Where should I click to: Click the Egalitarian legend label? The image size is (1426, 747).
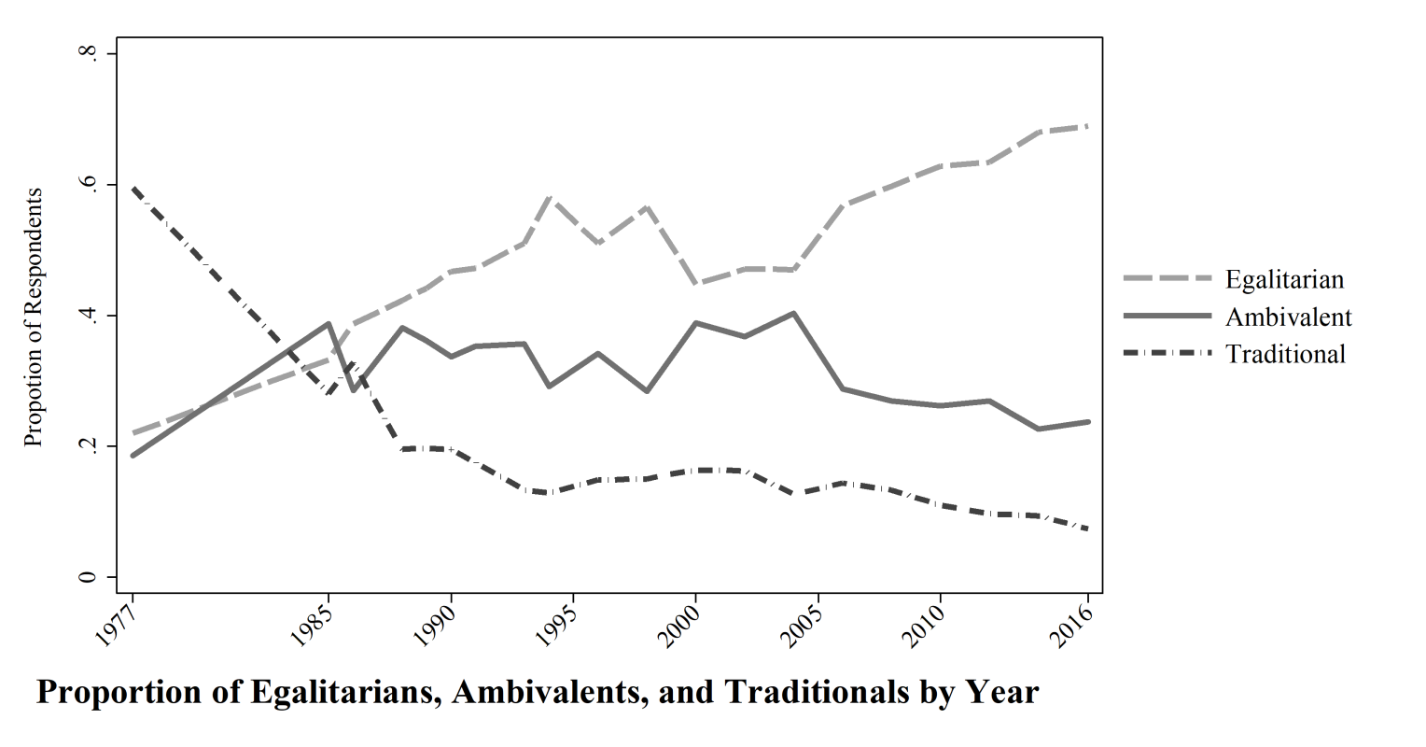[x=1284, y=279]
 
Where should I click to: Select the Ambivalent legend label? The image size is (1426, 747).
[x=1288, y=317]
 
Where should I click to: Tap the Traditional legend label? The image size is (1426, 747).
[x=1285, y=354]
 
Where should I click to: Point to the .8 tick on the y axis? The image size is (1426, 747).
[x=89, y=54]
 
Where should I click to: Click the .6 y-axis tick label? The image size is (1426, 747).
[x=89, y=185]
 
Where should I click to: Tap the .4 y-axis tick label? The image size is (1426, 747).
[x=89, y=316]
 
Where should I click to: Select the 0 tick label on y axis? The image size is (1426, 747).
[x=89, y=577]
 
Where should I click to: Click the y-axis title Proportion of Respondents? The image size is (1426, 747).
[x=34, y=317]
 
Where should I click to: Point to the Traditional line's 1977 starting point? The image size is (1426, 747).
[x=133, y=188]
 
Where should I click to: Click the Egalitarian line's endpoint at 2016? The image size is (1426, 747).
[x=1088, y=125]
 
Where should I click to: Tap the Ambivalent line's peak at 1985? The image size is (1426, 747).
[x=329, y=324]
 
